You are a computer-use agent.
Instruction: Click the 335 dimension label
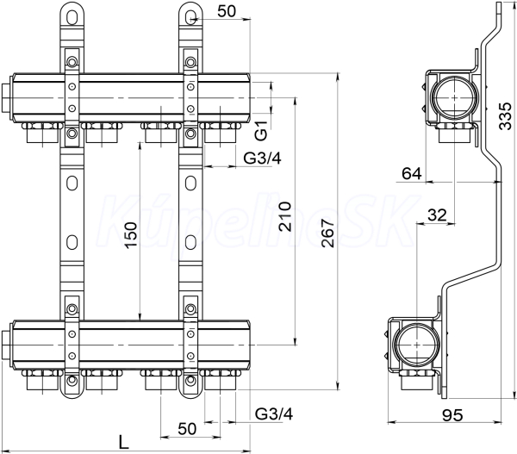pyautogui.click(x=506, y=116)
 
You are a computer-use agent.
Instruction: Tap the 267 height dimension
pyautogui.click(x=329, y=233)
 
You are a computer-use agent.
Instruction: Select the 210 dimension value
pyautogui.click(x=285, y=216)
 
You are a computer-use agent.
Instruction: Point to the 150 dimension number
pyautogui.click(x=131, y=235)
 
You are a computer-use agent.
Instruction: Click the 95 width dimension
pyautogui.click(x=452, y=415)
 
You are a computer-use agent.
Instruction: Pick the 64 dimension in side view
pyautogui.click(x=412, y=173)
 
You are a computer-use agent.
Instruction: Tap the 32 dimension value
pyautogui.click(x=437, y=215)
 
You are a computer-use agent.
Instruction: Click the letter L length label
pyautogui.click(x=123, y=442)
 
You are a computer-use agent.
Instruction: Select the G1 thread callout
pyautogui.click(x=261, y=131)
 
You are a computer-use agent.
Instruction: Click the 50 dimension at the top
pyautogui.click(x=227, y=11)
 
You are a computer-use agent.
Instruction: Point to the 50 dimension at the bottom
pyautogui.click(x=187, y=429)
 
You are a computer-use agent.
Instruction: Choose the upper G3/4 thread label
pyautogui.click(x=263, y=159)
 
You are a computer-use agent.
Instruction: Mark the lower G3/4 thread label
pyautogui.click(x=274, y=414)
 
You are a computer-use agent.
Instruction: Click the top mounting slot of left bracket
pyautogui.click(x=72, y=16)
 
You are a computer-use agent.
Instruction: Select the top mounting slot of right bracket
pyautogui.click(x=190, y=16)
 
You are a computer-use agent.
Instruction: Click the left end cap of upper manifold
pyautogui.click(x=7, y=98)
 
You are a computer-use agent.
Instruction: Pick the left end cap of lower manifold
pyautogui.click(x=7, y=345)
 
